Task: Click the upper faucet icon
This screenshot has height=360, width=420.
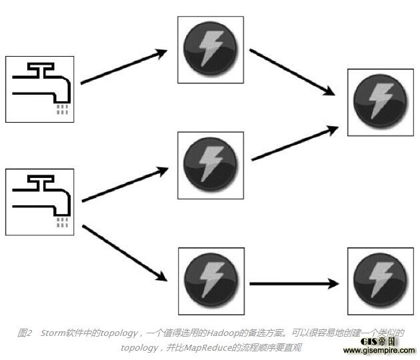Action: click(39, 89)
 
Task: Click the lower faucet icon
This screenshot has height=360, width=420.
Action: click(39, 201)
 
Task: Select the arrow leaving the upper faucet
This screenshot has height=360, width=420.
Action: click(124, 67)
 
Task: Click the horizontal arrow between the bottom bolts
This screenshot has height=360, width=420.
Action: click(293, 284)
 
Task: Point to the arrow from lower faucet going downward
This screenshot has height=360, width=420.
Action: click(124, 253)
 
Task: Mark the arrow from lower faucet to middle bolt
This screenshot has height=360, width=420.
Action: click(124, 185)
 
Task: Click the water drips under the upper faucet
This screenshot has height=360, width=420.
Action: click(62, 109)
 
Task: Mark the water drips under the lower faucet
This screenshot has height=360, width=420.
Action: click(62, 221)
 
